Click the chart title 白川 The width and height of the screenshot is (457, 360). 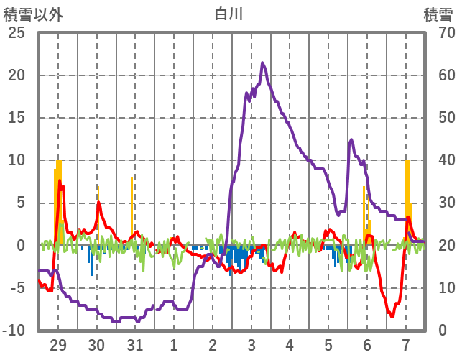228,14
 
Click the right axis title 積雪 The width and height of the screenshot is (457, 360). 437,14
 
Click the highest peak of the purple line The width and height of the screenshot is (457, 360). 262,63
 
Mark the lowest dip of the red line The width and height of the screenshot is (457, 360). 392,315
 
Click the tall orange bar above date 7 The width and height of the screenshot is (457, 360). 407,187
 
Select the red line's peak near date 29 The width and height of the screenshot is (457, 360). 60,181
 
